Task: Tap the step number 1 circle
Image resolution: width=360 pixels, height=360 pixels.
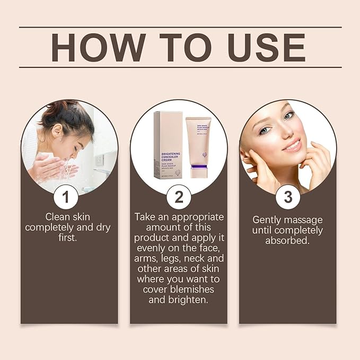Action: pyautogui.click(x=65, y=197)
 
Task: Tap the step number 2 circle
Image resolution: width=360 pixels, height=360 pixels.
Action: pyautogui.click(x=179, y=197)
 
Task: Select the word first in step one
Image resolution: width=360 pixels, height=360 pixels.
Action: pyautogui.click(x=66, y=238)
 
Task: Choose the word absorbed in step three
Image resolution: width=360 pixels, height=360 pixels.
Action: pyautogui.click(x=287, y=240)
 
